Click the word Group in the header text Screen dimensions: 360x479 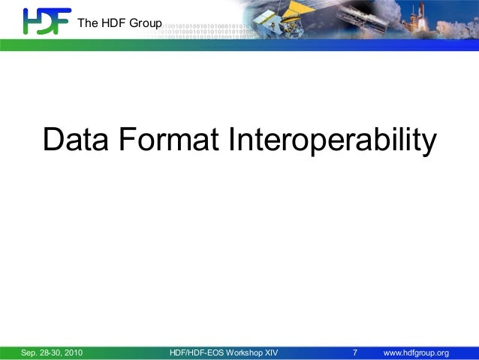click(x=146, y=23)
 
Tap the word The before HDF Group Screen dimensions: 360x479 click(x=88, y=23)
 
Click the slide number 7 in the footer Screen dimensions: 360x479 click(x=355, y=352)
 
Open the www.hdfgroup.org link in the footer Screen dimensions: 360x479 click(x=416, y=352)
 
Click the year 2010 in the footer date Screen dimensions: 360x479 click(x=72, y=352)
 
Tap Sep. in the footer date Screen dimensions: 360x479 click(x=29, y=352)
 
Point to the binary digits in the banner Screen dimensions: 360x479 click(x=203, y=34)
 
